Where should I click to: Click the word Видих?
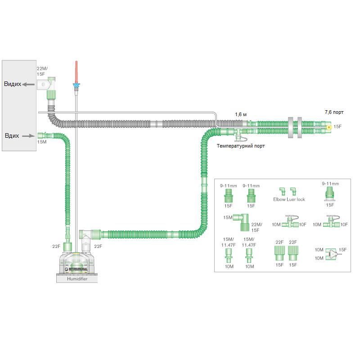click(x=13, y=84)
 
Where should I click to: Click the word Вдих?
click(x=12, y=135)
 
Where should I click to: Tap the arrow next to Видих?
click(x=30, y=84)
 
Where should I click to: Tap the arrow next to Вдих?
click(x=28, y=135)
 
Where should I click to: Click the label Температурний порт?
click(x=241, y=146)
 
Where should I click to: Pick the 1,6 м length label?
click(x=241, y=114)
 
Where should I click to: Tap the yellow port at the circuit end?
click(x=329, y=127)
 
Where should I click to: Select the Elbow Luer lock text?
click(x=289, y=199)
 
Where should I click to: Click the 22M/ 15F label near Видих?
click(x=42, y=71)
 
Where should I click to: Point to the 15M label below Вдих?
click(x=41, y=142)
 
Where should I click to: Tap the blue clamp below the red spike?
click(x=76, y=85)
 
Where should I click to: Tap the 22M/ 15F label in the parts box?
click(x=256, y=227)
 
